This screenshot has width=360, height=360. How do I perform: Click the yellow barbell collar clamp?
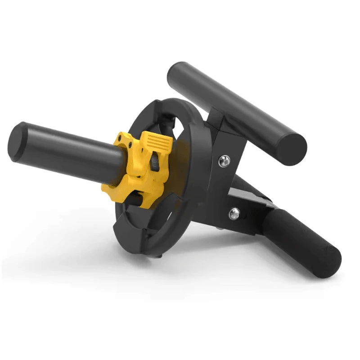tap(135, 166)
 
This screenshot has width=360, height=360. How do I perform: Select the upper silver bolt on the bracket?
tap(224, 159)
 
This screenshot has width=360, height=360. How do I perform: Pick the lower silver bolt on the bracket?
tap(234, 213)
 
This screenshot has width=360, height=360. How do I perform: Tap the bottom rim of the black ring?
tap(148, 243)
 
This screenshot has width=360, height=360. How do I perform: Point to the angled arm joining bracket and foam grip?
tap(252, 198)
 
